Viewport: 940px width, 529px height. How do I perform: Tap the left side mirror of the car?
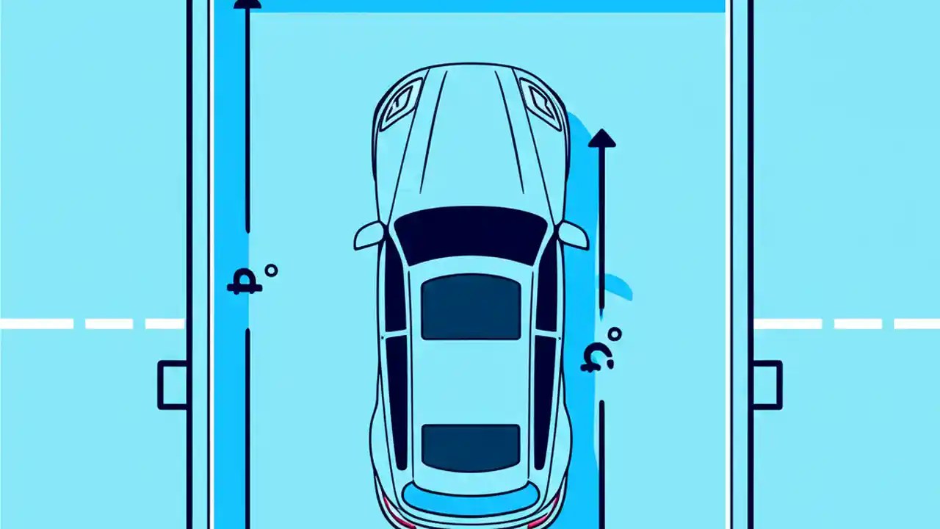[369, 235]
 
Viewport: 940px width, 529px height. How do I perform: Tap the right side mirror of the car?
[573, 235]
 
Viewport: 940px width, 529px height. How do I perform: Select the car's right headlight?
[541, 103]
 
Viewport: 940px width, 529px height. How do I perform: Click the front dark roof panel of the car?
[471, 307]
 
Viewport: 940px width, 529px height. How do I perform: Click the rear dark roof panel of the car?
[471, 447]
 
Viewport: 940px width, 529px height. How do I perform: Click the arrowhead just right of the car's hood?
[601, 138]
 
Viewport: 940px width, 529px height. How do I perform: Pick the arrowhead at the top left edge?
[247, 4]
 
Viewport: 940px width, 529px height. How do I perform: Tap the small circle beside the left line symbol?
[271, 270]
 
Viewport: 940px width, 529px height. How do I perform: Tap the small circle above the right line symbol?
[615, 334]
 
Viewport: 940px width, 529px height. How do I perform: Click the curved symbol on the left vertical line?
[245, 284]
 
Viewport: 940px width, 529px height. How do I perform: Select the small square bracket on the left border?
[173, 384]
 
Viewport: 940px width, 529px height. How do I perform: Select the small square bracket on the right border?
[767, 384]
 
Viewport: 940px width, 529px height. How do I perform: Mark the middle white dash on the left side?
[109, 324]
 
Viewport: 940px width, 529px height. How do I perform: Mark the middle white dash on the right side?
[858, 324]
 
